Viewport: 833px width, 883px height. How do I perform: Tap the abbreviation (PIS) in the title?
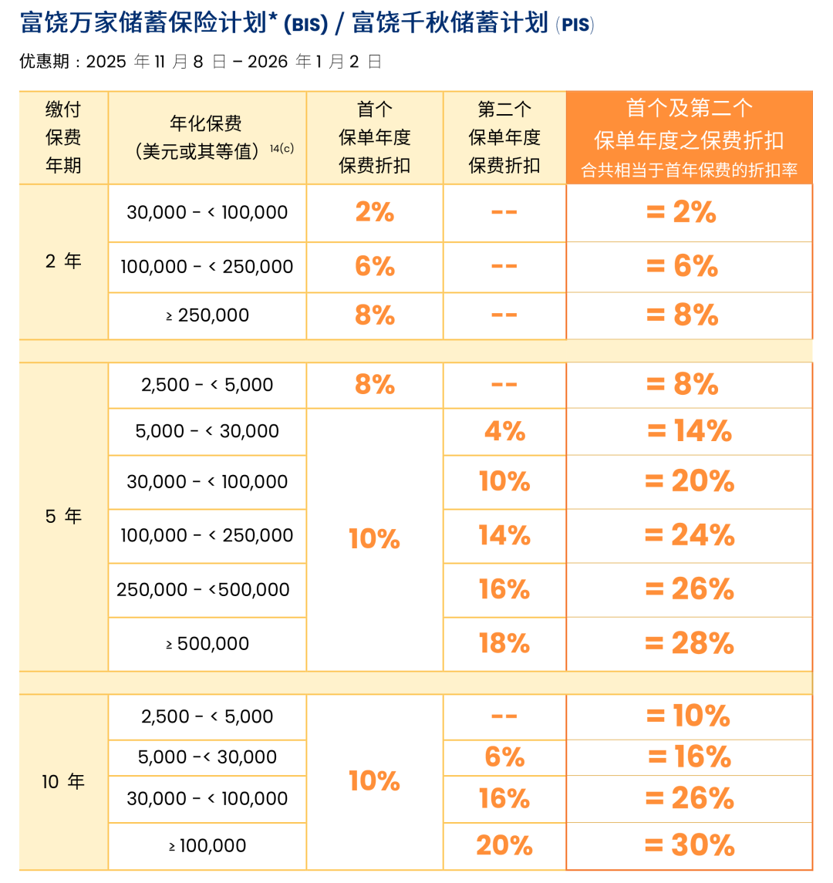coord(575,25)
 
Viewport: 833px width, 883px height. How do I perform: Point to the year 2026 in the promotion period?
coord(268,62)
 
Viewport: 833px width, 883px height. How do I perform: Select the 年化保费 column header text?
coord(206,123)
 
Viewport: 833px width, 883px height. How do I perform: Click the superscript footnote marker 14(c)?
coord(282,149)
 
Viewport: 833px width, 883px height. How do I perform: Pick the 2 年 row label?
coord(63,261)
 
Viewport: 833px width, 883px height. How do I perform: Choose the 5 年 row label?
coord(63,516)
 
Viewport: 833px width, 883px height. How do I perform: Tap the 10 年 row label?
coord(63,782)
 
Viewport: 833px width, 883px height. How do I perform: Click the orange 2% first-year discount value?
coord(375,212)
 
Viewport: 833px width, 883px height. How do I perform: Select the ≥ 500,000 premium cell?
coord(207,643)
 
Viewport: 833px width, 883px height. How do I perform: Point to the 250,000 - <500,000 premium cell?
coord(203,589)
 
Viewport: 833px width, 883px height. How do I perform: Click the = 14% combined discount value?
coord(689,430)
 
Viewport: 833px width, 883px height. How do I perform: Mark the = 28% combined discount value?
coord(689,643)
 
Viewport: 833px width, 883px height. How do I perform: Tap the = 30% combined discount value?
coord(689,845)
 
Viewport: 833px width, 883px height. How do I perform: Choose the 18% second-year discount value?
coord(504,643)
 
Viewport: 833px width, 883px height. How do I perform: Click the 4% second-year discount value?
coord(504,430)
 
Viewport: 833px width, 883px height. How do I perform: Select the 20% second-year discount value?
coord(504,845)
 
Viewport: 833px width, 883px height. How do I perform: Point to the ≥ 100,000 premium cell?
coord(207,845)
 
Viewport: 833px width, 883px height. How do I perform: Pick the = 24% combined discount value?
coord(689,535)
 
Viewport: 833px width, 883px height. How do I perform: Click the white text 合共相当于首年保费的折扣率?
coord(689,170)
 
